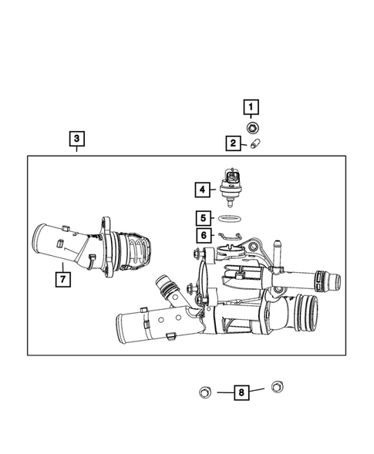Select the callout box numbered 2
pyautogui.click(x=232, y=143)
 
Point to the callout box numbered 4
pyautogui.click(x=201, y=188)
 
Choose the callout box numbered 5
pyautogui.click(x=201, y=219)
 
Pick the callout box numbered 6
pyautogui.click(x=201, y=235)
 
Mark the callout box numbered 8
pyautogui.click(x=243, y=392)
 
